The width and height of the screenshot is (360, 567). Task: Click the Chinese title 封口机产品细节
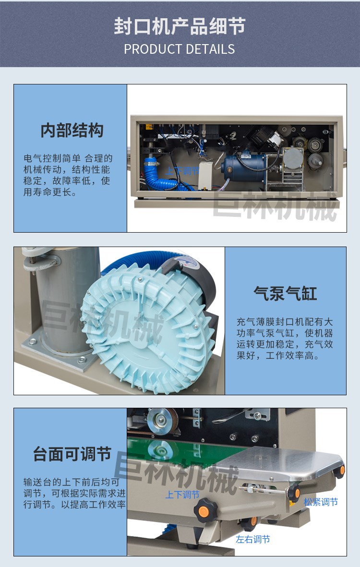[x=180, y=26]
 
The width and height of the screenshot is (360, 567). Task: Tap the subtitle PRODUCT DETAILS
[x=180, y=49]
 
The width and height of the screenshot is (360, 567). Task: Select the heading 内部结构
[x=72, y=130]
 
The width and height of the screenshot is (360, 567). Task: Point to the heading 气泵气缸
[x=285, y=293]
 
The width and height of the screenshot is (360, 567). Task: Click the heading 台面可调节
[x=72, y=454]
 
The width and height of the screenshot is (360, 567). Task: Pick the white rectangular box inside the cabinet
[x=205, y=176]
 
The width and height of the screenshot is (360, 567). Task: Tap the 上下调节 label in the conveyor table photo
[x=182, y=494]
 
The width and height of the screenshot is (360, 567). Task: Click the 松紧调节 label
[x=321, y=502]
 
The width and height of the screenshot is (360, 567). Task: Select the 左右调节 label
[x=252, y=539]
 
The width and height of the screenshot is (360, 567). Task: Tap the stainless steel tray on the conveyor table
[x=280, y=464]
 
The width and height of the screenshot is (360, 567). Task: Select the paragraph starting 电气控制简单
[x=68, y=176]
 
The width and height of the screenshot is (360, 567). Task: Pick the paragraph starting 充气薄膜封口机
[x=285, y=339]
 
